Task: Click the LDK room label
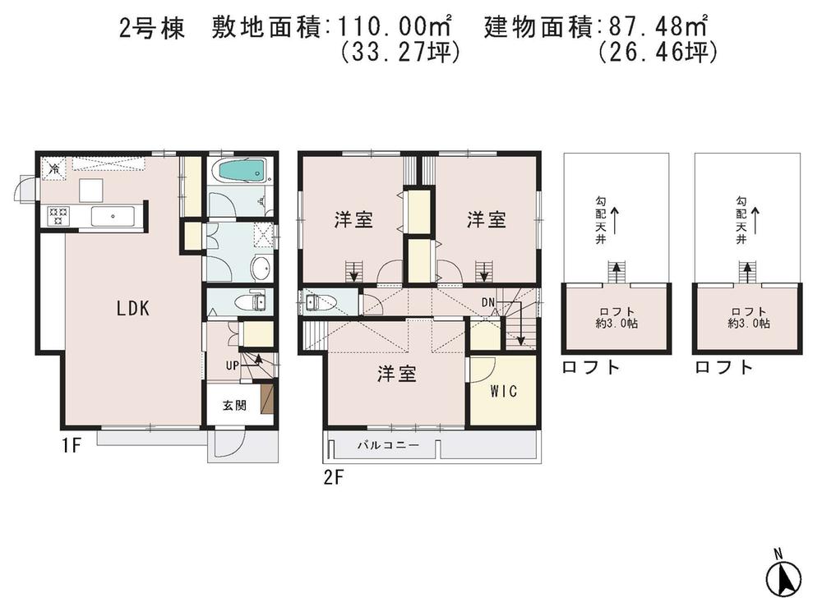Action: point(132,309)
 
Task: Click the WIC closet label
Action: point(503,392)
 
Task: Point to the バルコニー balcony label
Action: point(387,445)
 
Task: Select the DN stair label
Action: point(488,303)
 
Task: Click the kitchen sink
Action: point(113,217)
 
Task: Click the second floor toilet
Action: point(317,303)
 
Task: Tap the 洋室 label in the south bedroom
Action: point(396,375)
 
